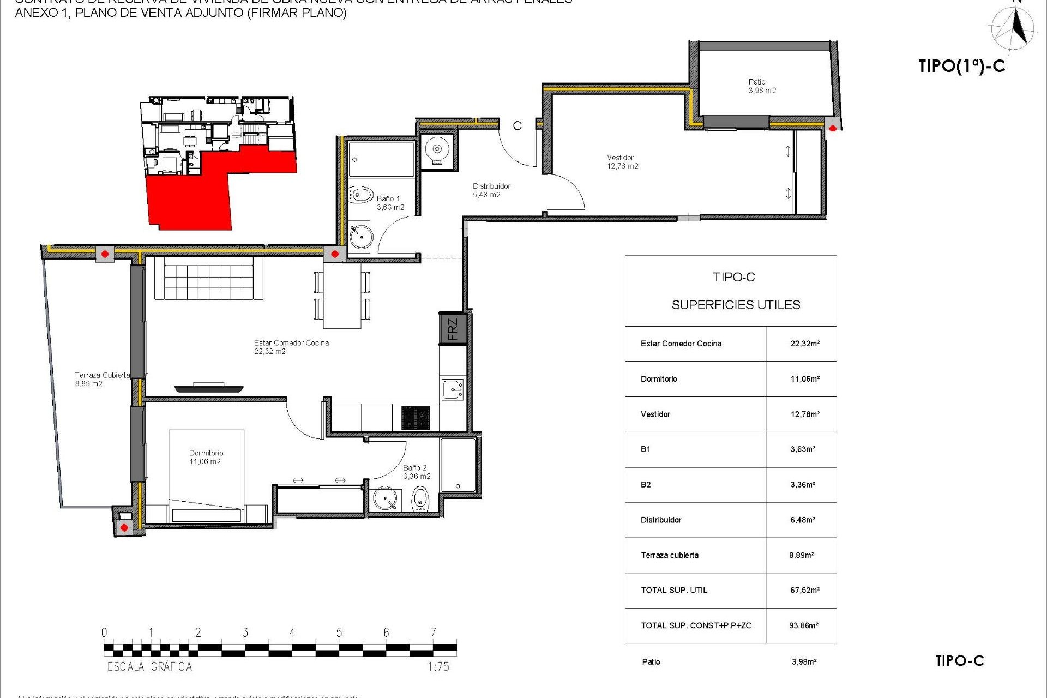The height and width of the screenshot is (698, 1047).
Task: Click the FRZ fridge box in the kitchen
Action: click(453, 329)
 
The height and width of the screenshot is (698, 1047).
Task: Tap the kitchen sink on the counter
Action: click(453, 389)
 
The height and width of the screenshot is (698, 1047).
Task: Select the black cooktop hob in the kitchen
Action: click(416, 418)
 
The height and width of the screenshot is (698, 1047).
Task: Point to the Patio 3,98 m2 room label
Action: click(762, 86)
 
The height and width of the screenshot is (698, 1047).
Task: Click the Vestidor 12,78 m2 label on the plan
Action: click(622, 162)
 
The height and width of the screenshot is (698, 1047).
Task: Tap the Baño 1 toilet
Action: click(361, 195)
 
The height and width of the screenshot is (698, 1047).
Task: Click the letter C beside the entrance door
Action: click(517, 126)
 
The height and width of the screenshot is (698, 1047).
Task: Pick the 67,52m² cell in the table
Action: click(804, 590)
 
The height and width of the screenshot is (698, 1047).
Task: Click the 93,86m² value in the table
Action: click(803, 625)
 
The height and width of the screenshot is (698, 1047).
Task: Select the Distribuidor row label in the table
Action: click(661, 520)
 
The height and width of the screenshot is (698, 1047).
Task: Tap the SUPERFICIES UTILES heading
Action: click(736, 305)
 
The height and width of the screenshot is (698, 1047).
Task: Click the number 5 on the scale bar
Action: click(339, 633)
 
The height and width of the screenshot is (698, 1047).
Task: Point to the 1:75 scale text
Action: click(438, 666)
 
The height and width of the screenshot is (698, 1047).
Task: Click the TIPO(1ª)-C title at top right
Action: click(961, 66)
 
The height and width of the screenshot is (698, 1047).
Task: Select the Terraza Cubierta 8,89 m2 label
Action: click(101, 379)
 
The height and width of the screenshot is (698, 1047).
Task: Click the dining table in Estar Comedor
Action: click(342, 296)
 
